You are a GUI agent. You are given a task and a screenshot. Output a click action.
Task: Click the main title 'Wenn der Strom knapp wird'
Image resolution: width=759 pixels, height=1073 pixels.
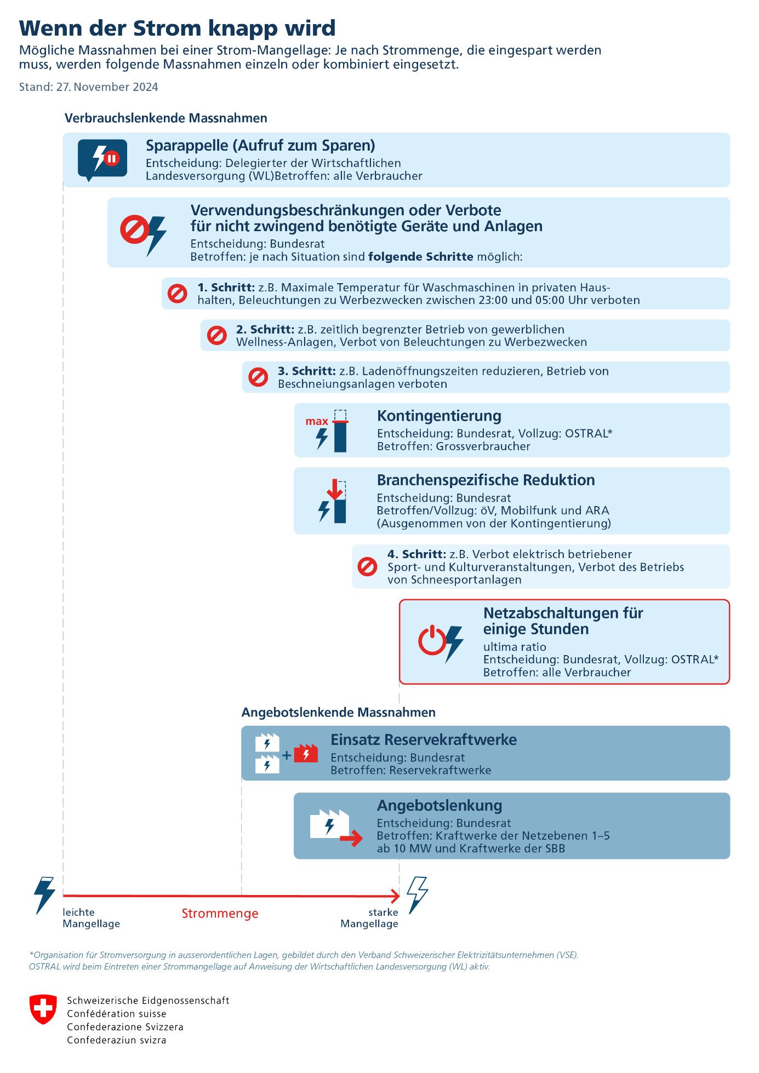177,28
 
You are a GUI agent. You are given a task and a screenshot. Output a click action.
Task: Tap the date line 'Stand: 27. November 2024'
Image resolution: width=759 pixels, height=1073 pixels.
88,87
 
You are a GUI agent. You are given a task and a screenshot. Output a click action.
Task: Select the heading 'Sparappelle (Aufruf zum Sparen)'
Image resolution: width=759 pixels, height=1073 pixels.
260,146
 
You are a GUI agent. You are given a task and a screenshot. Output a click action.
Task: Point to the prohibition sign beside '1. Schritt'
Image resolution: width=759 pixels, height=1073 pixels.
177,294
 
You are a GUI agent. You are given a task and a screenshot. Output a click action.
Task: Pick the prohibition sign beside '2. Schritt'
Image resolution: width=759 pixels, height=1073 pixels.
216,335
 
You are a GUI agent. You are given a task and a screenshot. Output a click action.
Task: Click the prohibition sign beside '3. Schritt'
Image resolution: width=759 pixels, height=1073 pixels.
258,377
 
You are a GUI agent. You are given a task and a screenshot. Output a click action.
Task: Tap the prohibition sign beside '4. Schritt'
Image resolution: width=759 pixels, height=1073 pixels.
367,566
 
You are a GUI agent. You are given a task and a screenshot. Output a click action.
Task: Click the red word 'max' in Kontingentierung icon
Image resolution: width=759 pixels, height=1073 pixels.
317,421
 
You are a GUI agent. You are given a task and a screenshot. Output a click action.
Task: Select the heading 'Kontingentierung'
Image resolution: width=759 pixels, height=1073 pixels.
439,416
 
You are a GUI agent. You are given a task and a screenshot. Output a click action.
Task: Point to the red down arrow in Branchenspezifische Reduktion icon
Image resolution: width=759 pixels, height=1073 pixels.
335,489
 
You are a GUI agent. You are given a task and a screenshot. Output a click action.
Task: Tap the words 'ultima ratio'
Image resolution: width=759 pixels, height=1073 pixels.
514,647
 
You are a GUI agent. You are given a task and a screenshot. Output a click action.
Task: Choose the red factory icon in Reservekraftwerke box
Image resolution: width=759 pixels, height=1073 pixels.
306,754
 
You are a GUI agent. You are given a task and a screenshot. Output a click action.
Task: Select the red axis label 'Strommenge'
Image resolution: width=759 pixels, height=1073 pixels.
220,914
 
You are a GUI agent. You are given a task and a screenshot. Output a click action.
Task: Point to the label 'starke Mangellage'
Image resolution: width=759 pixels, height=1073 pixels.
369,918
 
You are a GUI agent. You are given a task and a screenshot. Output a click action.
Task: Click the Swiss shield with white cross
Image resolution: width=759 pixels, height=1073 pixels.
43,1009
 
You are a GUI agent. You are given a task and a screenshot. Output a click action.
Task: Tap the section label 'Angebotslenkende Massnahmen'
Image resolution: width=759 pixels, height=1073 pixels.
338,713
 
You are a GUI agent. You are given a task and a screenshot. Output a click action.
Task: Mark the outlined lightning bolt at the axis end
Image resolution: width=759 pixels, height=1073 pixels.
417,894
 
